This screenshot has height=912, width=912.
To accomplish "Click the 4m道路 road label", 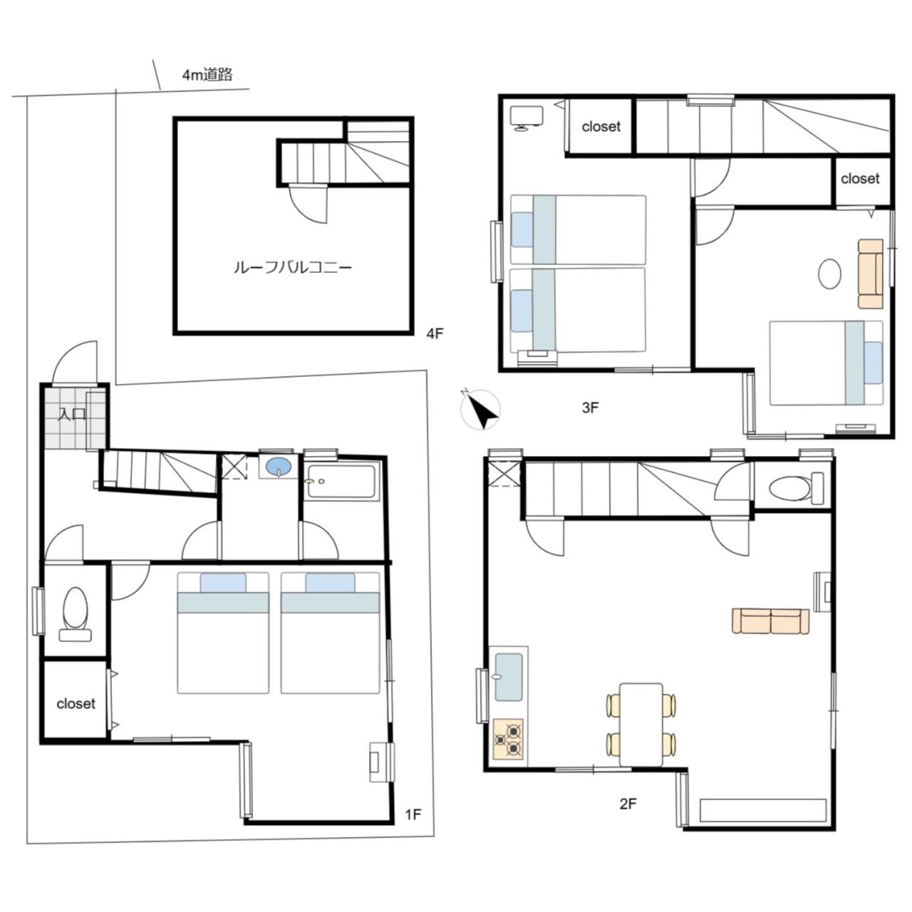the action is pyautogui.click(x=207, y=75).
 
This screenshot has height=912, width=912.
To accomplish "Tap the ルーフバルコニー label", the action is pyautogui.click(x=293, y=268).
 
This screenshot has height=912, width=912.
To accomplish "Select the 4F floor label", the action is pyautogui.click(x=435, y=333).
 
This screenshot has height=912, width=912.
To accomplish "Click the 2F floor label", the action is pyautogui.click(x=628, y=804).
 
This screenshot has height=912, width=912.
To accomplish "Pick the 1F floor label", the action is pyautogui.click(x=413, y=814).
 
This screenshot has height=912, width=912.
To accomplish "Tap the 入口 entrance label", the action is pyautogui.click(x=72, y=414).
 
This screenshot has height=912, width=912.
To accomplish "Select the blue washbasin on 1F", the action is pyautogui.click(x=279, y=467).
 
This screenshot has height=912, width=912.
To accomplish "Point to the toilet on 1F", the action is pyautogui.click(x=76, y=614).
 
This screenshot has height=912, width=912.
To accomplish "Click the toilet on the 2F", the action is pyautogui.click(x=796, y=488).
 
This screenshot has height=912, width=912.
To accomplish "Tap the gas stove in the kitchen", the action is pyautogui.click(x=508, y=740).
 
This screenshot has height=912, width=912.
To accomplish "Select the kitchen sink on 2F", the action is pyautogui.click(x=509, y=678).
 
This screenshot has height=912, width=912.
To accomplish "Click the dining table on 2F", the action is pyautogui.click(x=641, y=724).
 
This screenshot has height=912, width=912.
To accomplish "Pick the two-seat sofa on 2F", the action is pyautogui.click(x=770, y=621).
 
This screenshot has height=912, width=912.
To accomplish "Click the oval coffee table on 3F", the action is pyautogui.click(x=829, y=274).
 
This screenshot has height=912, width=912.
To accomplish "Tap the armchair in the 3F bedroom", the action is pyautogui.click(x=871, y=274).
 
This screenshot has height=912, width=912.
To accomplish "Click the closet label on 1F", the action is pyautogui.click(x=76, y=704).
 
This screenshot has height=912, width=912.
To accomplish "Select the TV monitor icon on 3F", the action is pyautogui.click(x=527, y=118).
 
